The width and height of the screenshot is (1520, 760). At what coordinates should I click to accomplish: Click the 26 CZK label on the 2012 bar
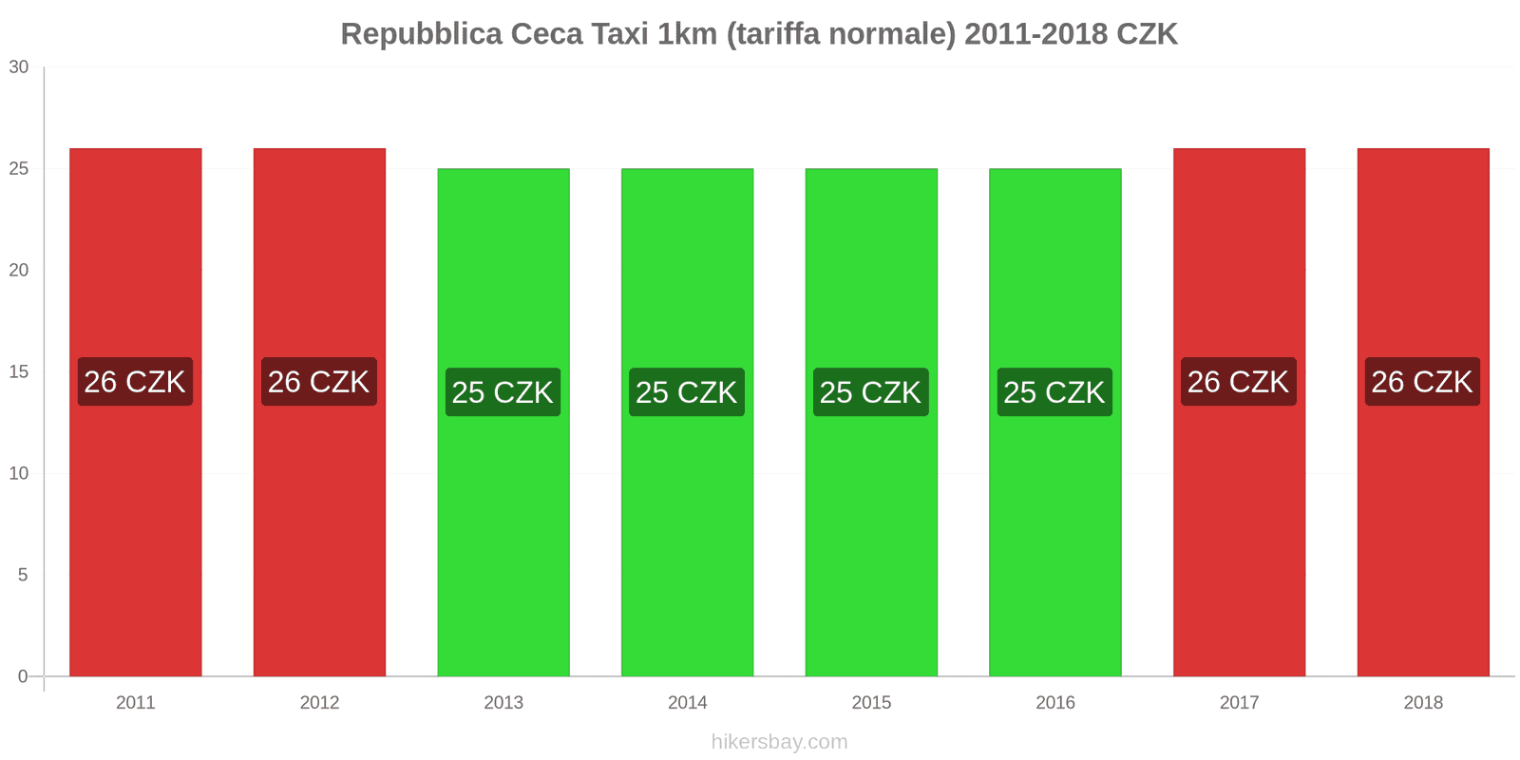point(319,382)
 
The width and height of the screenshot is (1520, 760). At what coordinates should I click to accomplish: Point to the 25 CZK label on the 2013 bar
point(503,392)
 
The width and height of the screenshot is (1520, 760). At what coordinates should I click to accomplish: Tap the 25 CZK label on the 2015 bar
point(870,392)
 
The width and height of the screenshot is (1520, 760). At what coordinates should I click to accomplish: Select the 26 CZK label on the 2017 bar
point(1238,382)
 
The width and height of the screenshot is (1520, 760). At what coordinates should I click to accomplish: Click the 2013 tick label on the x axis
point(503,703)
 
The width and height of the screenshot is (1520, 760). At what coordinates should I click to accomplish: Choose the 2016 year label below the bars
point(1054,703)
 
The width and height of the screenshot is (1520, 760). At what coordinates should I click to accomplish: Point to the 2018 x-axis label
point(1422,703)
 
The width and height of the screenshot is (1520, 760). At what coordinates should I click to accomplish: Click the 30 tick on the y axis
point(19,67)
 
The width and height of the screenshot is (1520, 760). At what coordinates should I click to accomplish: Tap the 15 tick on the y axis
point(19,372)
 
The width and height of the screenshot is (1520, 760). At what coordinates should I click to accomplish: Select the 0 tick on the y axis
point(23,676)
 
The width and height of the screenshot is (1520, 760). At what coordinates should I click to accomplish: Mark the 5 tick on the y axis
point(23,576)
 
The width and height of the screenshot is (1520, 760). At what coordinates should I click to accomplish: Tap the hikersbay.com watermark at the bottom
point(779,742)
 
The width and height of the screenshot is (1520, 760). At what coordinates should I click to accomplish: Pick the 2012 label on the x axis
point(319,703)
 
